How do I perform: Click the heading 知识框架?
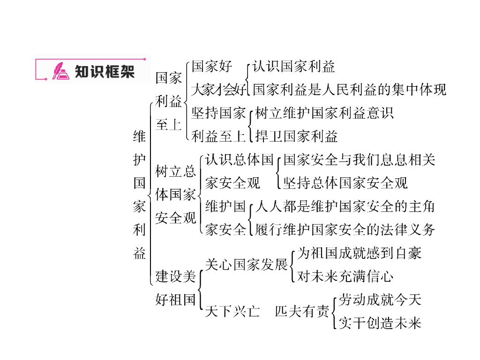point(105,71)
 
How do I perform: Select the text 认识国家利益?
point(294,67)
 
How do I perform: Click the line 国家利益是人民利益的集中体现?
point(350,89)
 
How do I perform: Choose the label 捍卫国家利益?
point(296,136)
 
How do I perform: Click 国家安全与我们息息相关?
point(359,160)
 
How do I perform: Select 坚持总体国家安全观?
point(345,183)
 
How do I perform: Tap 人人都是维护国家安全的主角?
point(345,206)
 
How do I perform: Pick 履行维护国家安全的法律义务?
point(345,230)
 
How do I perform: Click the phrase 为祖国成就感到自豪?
point(360,253)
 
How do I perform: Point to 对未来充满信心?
point(345,277)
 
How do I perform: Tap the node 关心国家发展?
point(247,265)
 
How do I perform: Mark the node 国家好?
point(212,67)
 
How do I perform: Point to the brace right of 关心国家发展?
point(292,265)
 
